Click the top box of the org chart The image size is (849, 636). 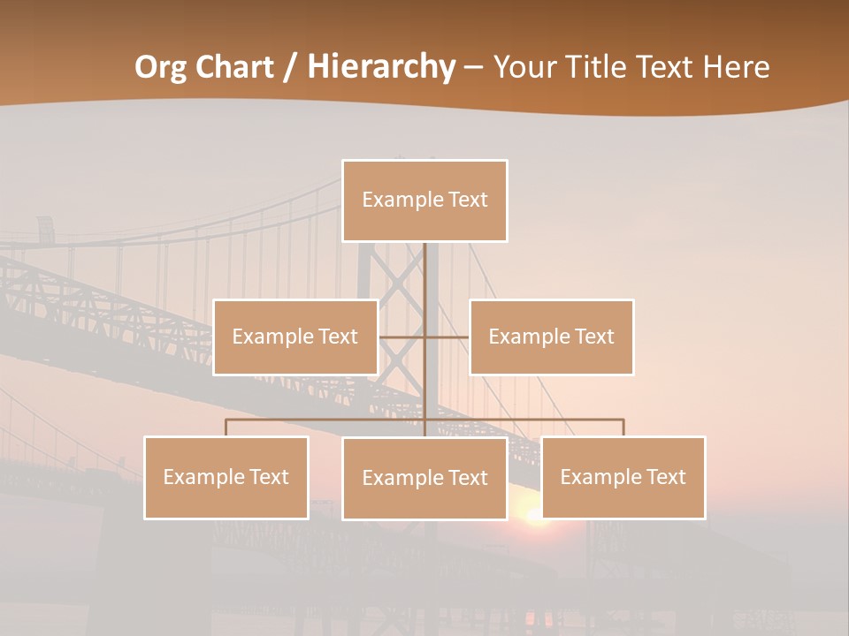coord(424,201)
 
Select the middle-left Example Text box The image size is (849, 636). coord(295,337)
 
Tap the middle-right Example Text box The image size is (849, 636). coord(551,337)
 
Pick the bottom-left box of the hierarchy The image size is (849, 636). coord(226,477)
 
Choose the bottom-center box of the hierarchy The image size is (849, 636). coord(424,478)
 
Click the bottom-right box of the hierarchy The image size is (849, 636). coord(623,477)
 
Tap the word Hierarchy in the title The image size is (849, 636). coord(380,67)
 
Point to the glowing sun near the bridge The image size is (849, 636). coord(536,516)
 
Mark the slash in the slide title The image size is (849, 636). coord(291,67)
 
